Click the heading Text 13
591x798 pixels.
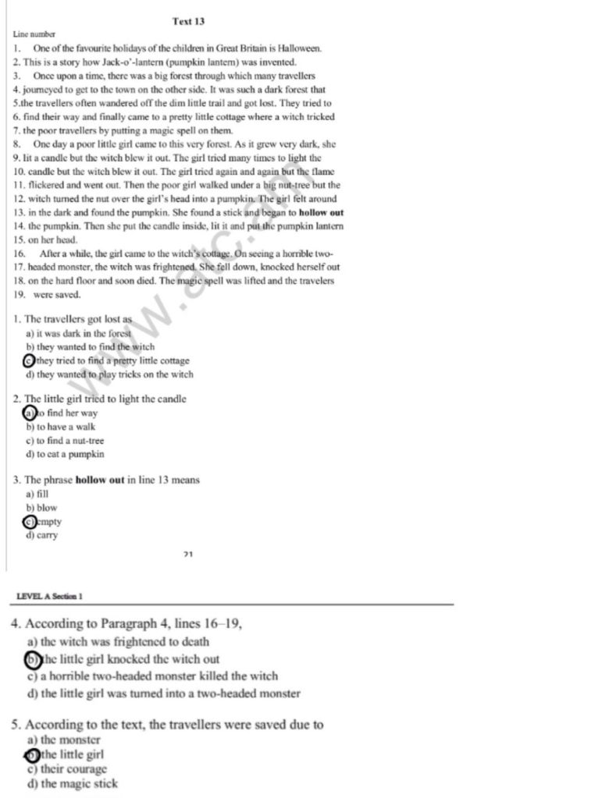click(x=188, y=21)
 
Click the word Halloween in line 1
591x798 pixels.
click(x=297, y=48)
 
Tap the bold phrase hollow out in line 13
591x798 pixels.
click(x=321, y=212)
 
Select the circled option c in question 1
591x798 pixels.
click(x=30, y=360)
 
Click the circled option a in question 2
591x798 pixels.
click(x=30, y=413)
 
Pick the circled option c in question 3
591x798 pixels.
click(x=30, y=522)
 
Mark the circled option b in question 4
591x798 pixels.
click(x=32, y=659)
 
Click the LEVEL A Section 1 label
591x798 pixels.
click(x=50, y=596)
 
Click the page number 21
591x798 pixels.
click(x=188, y=555)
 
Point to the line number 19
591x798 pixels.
click(x=18, y=295)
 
